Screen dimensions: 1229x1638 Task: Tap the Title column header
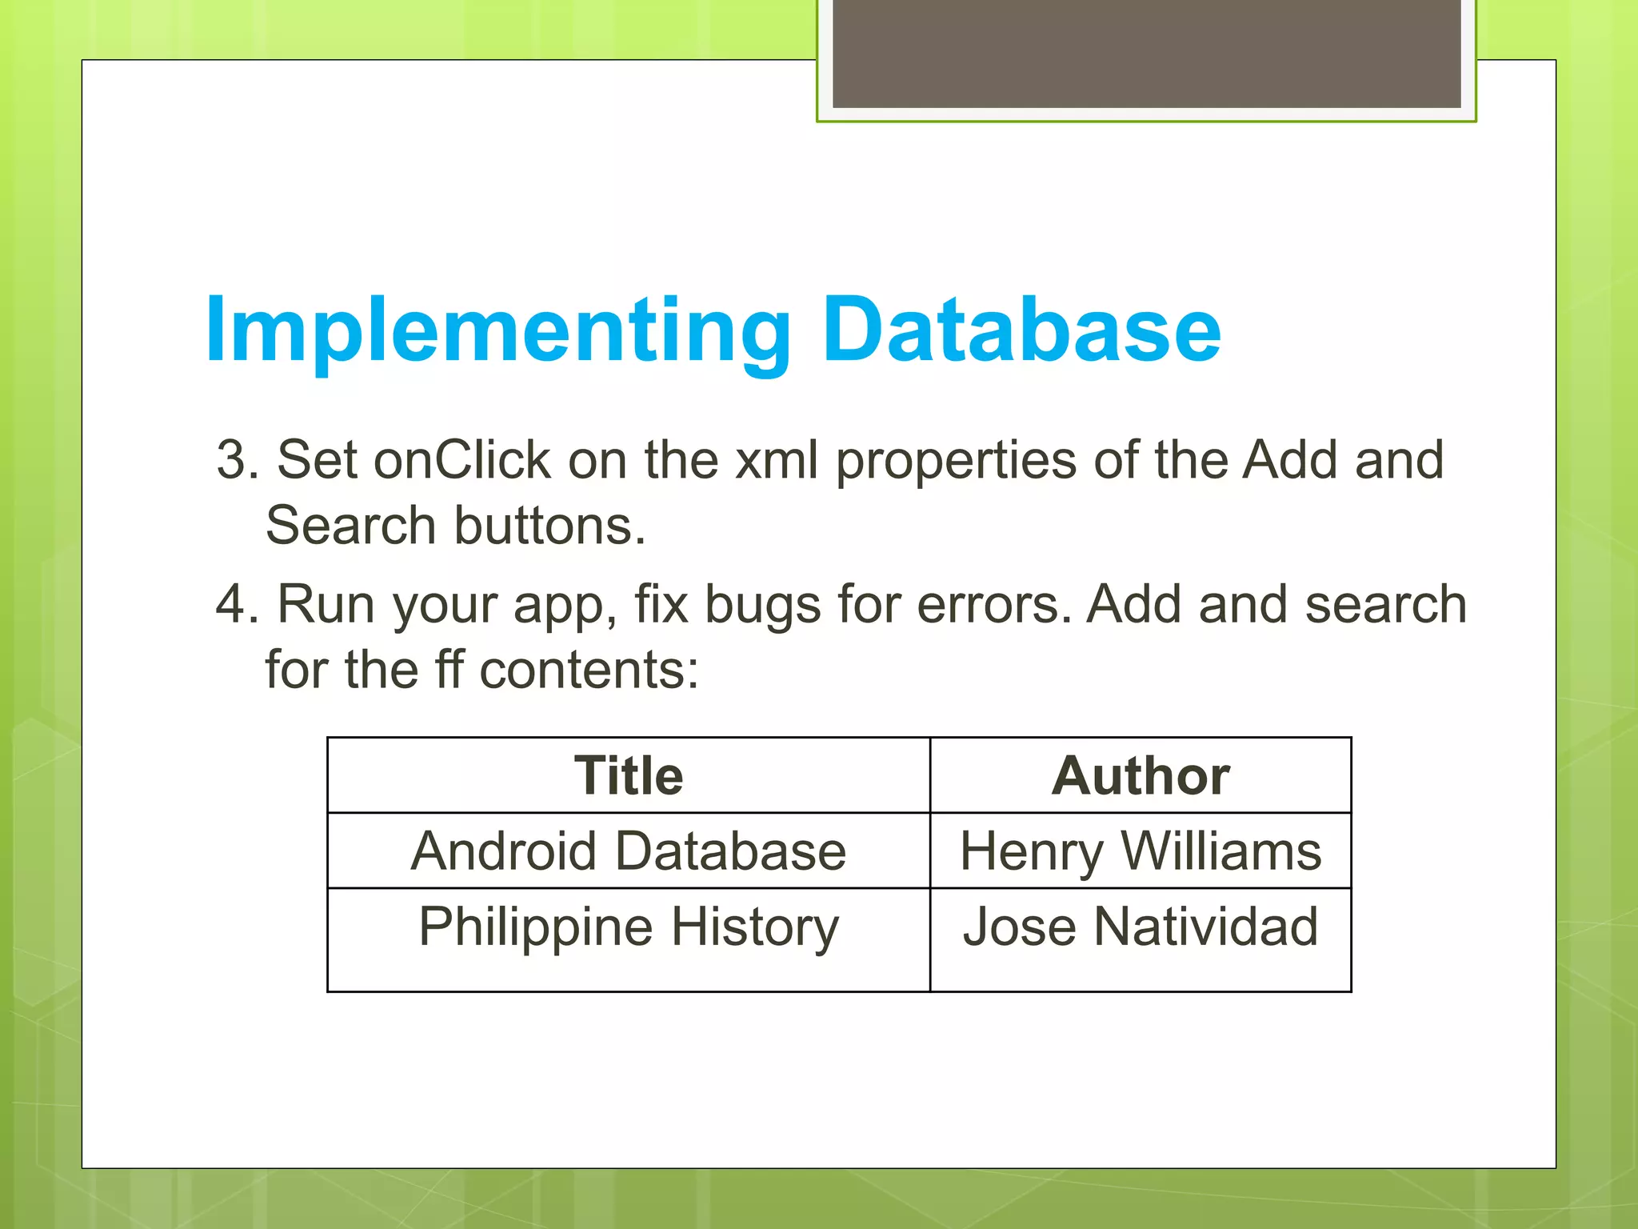tap(629, 775)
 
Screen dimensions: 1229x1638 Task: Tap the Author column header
tap(1141, 775)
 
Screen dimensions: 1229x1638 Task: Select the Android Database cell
tap(629, 851)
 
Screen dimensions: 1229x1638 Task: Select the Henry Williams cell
tap(1141, 851)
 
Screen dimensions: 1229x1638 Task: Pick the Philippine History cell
tap(629, 927)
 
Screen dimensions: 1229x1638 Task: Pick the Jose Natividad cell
tap(1141, 927)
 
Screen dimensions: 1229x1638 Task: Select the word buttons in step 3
tap(549, 526)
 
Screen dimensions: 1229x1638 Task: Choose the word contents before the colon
tap(588, 670)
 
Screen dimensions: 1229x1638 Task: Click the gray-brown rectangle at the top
tap(1146, 53)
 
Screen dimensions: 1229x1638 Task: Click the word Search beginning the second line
tap(350, 526)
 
